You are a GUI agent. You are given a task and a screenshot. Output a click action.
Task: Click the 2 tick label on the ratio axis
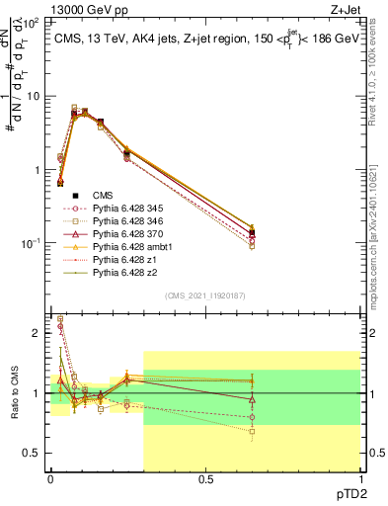tap(38, 333)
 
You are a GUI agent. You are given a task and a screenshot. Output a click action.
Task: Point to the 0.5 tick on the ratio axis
tap(33, 453)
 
